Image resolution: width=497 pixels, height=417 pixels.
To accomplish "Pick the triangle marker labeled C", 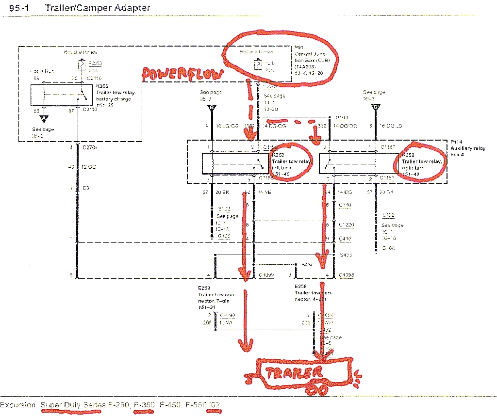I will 375,108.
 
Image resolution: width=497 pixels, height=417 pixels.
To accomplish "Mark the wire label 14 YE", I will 264,192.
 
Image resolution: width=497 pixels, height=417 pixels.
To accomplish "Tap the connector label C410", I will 345,239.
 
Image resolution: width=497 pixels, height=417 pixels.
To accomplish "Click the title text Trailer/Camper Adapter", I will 97,8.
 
